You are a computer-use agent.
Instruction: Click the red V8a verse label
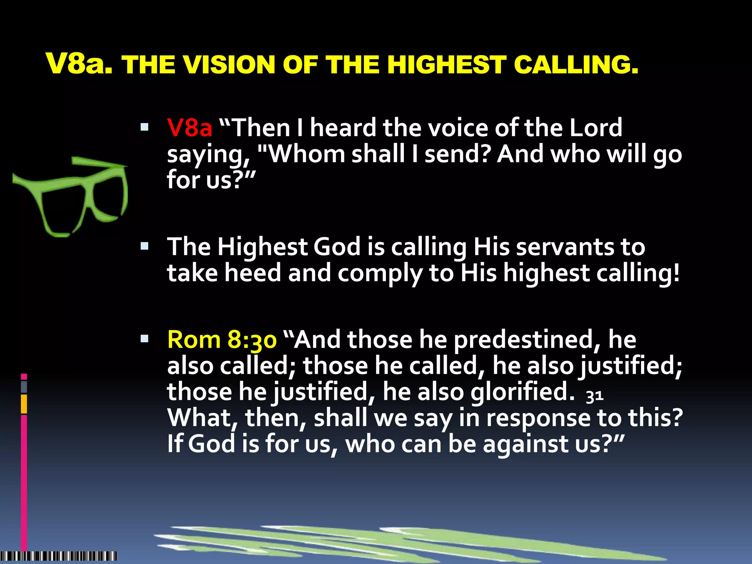point(189,128)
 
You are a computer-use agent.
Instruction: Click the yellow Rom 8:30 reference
point(222,339)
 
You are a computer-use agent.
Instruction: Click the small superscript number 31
point(594,396)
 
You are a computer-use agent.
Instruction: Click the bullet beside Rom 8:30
point(144,339)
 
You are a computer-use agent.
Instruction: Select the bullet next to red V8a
point(144,127)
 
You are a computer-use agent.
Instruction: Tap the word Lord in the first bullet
point(596,128)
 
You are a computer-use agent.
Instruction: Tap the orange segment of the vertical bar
point(24,404)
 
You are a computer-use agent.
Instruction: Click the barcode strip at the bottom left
point(59,556)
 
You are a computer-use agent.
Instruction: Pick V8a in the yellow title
point(79,64)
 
